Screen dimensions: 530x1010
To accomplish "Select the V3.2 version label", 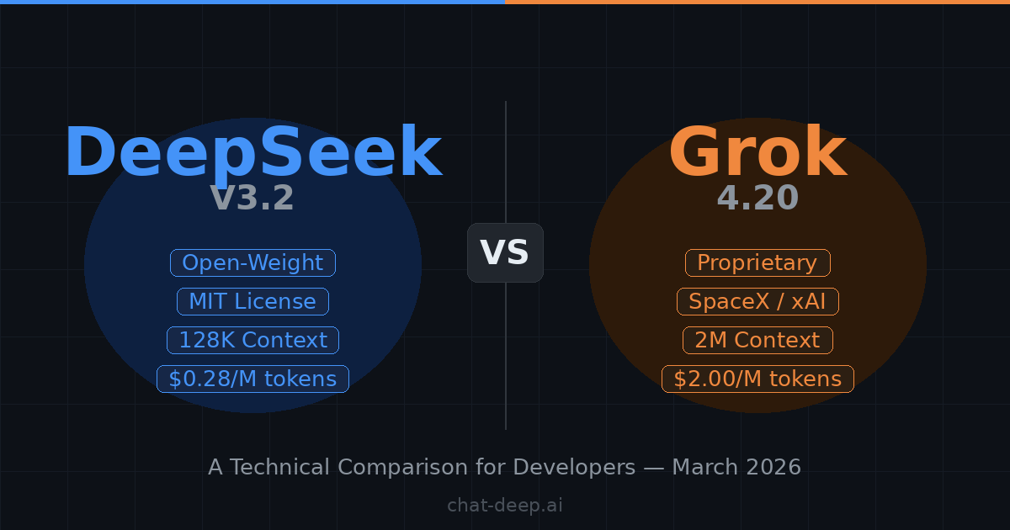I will point(252,199).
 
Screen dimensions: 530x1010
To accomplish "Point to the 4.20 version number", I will point(757,199).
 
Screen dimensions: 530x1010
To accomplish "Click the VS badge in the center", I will point(505,252).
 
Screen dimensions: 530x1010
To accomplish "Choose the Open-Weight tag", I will point(252,263).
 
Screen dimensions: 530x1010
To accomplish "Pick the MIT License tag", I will point(252,302).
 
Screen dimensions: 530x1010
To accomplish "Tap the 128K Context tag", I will point(252,341).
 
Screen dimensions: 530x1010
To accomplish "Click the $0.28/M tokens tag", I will point(252,379).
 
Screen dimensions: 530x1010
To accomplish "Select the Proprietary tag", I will point(757,263).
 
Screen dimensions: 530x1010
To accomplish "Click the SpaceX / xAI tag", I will point(757,302).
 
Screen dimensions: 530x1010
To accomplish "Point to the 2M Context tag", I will point(757,341).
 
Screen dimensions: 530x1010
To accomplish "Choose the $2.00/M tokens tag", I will point(757,379).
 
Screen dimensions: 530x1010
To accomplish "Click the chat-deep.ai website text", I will point(505,506).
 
